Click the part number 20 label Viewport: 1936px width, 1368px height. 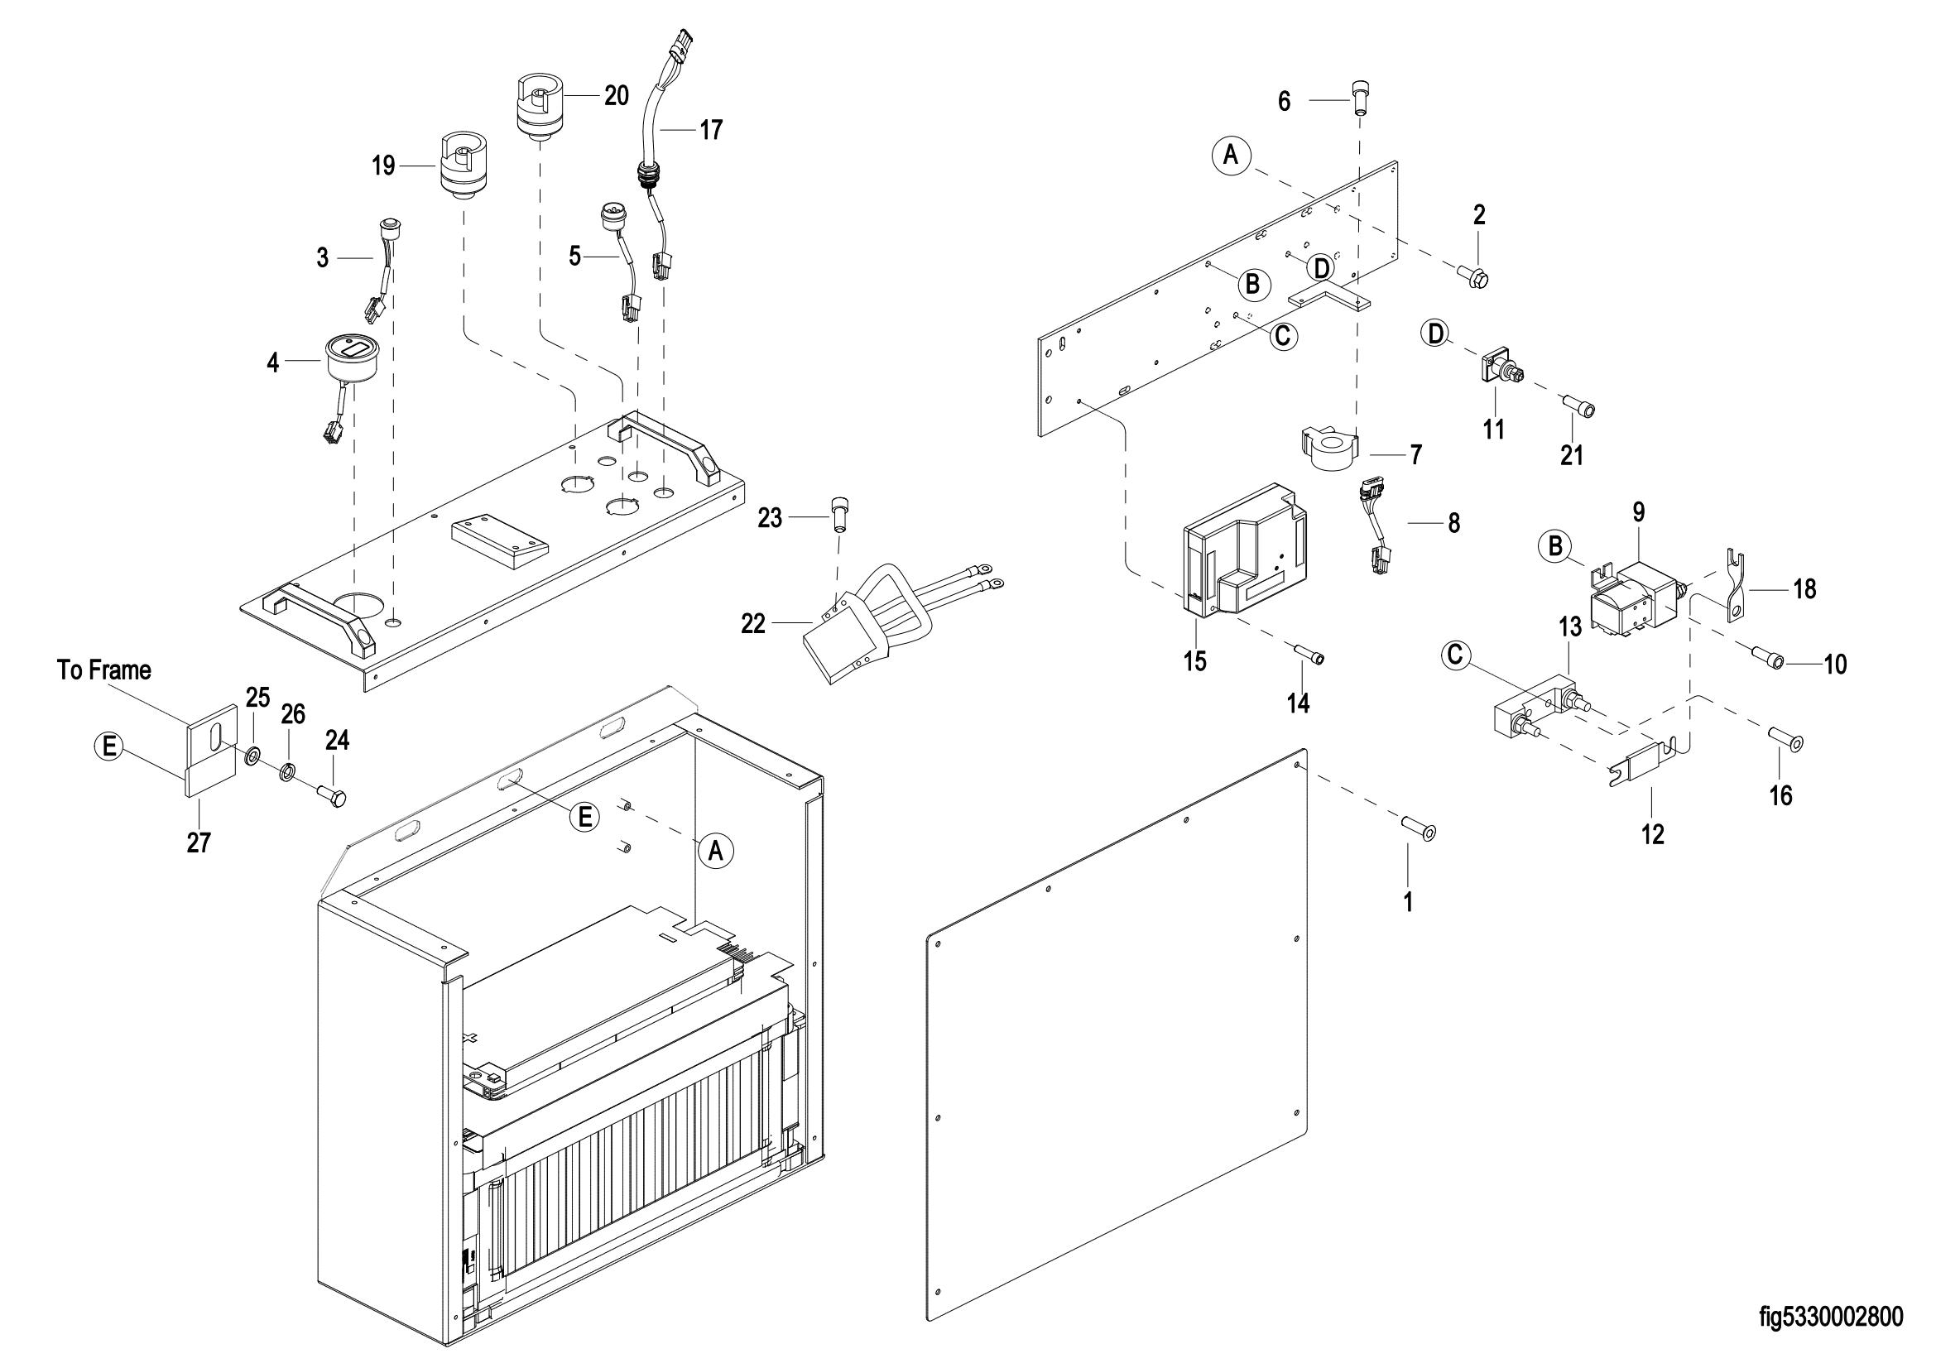[x=617, y=96]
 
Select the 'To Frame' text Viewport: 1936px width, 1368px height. [x=104, y=670]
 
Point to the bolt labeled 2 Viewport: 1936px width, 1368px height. [x=1473, y=274]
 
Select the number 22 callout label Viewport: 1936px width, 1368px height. [x=753, y=624]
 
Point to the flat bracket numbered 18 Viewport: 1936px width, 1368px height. [x=1732, y=584]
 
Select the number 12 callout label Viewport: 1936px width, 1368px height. [x=1653, y=834]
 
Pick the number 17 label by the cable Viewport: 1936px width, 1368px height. [x=711, y=130]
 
